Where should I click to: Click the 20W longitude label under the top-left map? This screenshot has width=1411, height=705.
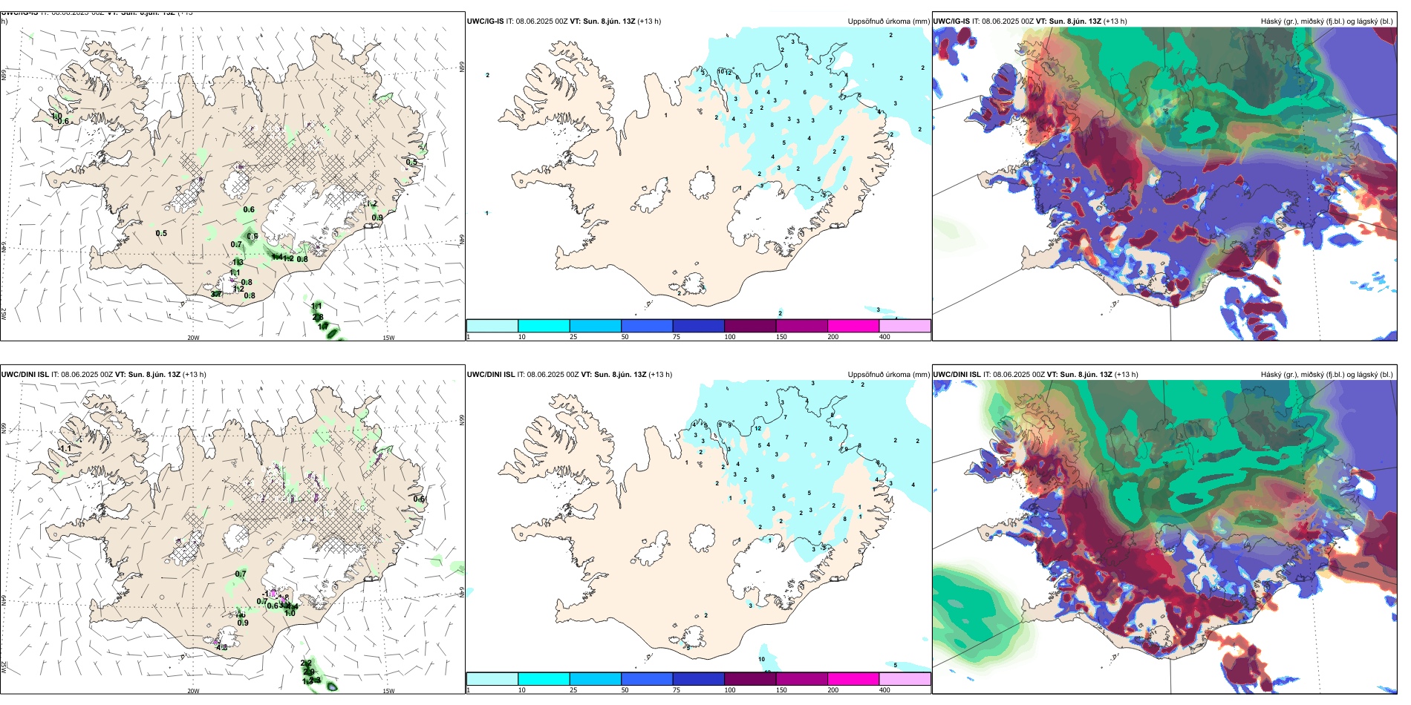pyautogui.click(x=193, y=338)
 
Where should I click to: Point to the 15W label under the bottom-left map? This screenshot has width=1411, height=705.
pyautogui.click(x=388, y=691)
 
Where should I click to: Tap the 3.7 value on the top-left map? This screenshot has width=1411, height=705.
pyautogui.click(x=216, y=295)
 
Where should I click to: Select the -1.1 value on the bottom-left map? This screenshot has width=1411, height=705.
pyautogui.click(x=65, y=448)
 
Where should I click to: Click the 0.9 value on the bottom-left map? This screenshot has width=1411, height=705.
pyautogui.click(x=243, y=623)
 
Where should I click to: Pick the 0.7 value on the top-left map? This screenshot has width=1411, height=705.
pyautogui.click(x=236, y=244)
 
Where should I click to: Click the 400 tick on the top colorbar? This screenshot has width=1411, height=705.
pyautogui.click(x=884, y=337)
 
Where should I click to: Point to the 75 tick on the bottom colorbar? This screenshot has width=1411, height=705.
pyautogui.click(x=677, y=690)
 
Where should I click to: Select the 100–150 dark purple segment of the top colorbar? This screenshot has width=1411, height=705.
pyautogui.click(x=749, y=326)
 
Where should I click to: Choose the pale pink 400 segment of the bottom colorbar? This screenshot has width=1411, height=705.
pyautogui.click(x=905, y=679)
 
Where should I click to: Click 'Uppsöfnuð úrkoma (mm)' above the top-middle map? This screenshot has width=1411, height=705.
pyautogui.click(x=888, y=22)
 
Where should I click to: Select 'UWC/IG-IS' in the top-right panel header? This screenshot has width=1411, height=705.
pyautogui.click(x=951, y=22)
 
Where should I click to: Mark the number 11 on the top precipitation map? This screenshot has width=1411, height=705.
pyautogui.click(x=758, y=75)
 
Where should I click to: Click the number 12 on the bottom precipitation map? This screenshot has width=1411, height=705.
pyautogui.click(x=758, y=428)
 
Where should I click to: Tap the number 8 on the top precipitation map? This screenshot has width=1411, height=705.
pyautogui.click(x=772, y=125)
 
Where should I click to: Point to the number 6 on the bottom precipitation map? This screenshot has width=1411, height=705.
pyautogui.click(x=783, y=496)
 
